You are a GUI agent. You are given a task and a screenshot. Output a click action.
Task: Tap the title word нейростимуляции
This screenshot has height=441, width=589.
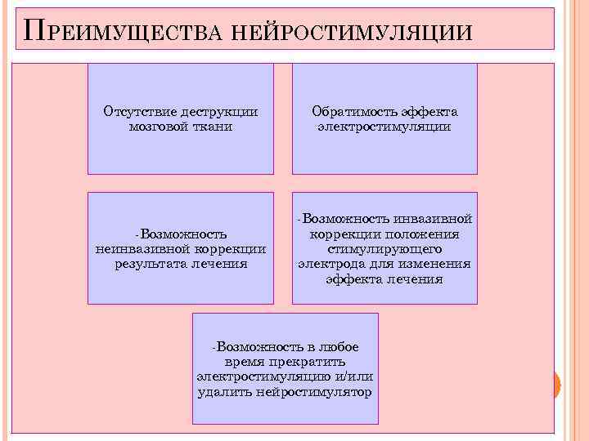click(x=352, y=32)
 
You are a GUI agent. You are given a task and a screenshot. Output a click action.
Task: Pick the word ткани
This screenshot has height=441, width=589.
click(x=214, y=127)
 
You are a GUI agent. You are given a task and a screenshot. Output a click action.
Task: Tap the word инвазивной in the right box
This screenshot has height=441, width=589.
click(x=433, y=220)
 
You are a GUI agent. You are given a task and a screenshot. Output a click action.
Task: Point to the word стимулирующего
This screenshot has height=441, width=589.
click(x=384, y=249)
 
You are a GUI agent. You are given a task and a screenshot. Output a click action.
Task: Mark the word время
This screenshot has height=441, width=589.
click(x=242, y=362)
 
